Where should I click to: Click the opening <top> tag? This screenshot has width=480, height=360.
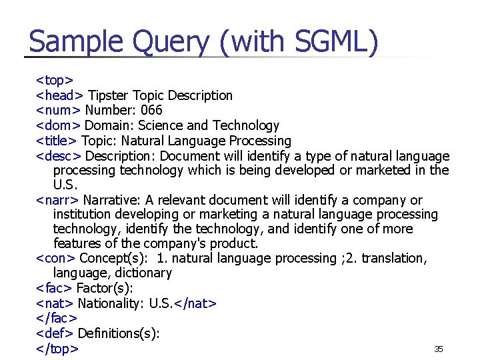click(55, 81)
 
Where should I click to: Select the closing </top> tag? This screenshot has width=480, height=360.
click(57, 349)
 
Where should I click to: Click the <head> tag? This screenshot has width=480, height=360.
click(60, 96)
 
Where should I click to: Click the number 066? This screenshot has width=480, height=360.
click(151, 111)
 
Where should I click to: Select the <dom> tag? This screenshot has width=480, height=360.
click(59, 125)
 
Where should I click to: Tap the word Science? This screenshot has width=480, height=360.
click(161, 125)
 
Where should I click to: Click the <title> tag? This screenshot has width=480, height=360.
click(57, 141)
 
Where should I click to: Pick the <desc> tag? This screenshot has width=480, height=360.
click(59, 156)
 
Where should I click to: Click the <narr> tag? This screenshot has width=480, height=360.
click(57, 200)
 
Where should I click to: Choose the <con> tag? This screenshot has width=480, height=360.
click(56, 258)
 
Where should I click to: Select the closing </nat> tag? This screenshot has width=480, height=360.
click(195, 304)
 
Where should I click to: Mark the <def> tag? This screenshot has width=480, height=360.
click(55, 333)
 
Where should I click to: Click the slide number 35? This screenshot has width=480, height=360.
click(439, 349)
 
